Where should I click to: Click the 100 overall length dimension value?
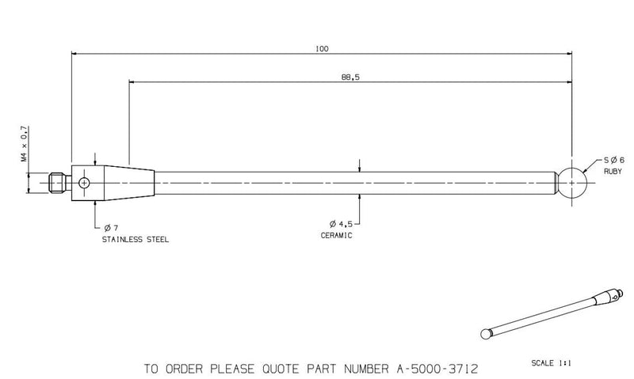(322, 49)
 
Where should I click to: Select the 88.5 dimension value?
(350, 77)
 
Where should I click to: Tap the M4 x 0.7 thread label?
(25, 144)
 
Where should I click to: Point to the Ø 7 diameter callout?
(111, 228)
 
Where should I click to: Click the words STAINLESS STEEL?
(136, 239)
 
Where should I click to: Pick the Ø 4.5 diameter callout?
(341, 224)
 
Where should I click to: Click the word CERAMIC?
(336, 235)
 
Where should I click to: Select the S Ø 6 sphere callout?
(614, 161)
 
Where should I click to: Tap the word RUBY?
(613, 172)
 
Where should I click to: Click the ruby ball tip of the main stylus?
(571, 183)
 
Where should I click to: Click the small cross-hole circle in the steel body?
(84, 184)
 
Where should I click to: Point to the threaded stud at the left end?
(57, 183)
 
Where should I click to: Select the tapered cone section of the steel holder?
(129, 183)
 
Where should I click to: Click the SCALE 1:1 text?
(551, 363)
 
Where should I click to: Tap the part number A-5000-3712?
(433, 369)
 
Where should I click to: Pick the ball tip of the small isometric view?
(485, 334)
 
